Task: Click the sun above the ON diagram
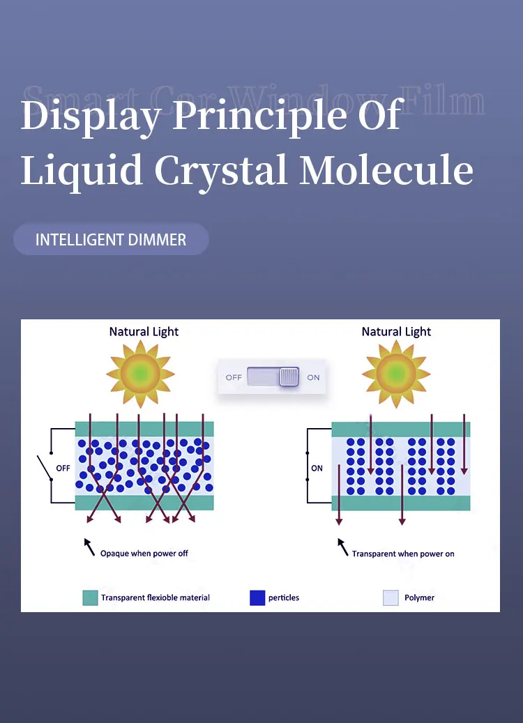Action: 396,374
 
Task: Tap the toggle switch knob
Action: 289,377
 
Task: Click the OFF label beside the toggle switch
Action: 234,377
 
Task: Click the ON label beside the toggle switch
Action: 313,377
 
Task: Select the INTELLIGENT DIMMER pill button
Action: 111,240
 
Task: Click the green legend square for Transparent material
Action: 90,598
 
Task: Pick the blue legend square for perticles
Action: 257,598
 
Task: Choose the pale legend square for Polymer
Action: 391,598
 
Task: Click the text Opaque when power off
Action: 144,554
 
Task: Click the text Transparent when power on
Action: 403,554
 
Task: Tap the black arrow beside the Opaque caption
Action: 89,547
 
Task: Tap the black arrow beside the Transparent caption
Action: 342,547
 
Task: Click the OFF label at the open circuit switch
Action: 63,468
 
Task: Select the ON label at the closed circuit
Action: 317,468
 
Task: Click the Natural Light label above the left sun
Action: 144,332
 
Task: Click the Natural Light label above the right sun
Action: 396,332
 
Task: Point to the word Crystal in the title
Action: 220,169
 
